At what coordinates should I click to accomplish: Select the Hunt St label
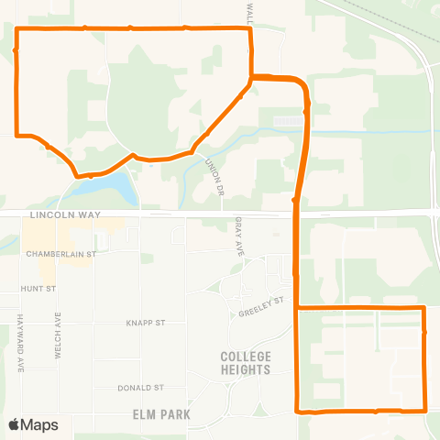(38, 288)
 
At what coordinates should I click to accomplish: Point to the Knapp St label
(145, 323)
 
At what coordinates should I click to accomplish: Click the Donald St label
(140, 388)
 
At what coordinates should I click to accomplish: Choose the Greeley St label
(263, 306)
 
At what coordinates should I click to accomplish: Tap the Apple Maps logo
(33, 424)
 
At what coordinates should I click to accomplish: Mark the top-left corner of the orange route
(18, 29)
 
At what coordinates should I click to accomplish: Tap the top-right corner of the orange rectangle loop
(424, 308)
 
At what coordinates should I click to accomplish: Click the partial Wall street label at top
(248, 12)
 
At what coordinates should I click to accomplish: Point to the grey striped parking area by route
(290, 120)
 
